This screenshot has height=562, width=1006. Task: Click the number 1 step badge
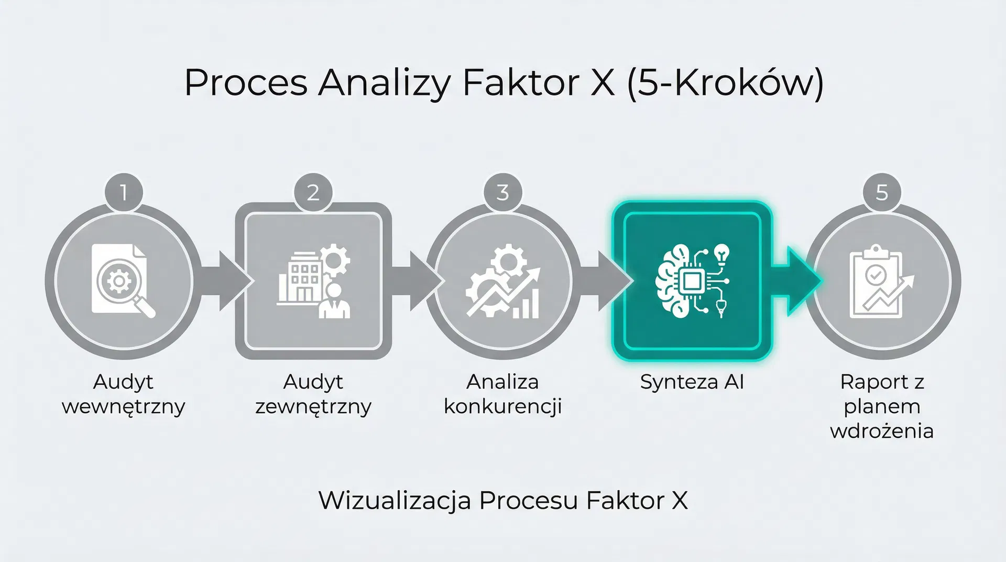tap(124, 192)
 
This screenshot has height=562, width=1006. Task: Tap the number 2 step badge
tap(313, 192)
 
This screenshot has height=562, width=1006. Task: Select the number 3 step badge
tap(502, 192)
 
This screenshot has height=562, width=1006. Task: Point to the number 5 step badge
tap(882, 192)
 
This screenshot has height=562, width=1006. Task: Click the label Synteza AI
tap(692, 382)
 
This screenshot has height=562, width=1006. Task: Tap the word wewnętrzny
tap(124, 407)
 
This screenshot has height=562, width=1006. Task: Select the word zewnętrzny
tap(313, 407)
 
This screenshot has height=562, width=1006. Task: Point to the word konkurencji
tap(502, 407)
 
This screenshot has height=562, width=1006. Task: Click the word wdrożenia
tap(882, 431)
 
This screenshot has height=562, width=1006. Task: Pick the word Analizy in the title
tap(384, 83)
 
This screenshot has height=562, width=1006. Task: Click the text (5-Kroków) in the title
tap(725, 83)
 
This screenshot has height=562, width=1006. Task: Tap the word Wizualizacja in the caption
tap(395, 500)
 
